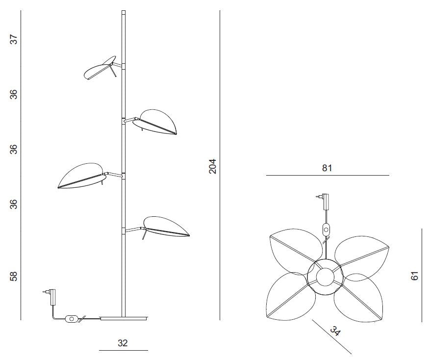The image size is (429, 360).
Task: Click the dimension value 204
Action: [x=213, y=166]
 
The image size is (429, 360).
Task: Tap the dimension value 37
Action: [x=14, y=39]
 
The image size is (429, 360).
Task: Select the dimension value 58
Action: [x=14, y=276]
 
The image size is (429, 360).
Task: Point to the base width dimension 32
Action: [x=123, y=343]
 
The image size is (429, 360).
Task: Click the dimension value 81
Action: [x=327, y=168]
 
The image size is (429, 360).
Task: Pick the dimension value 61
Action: [x=415, y=276]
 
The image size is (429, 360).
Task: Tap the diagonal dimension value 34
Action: [x=335, y=331]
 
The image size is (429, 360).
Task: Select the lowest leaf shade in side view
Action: [x=166, y=227]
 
